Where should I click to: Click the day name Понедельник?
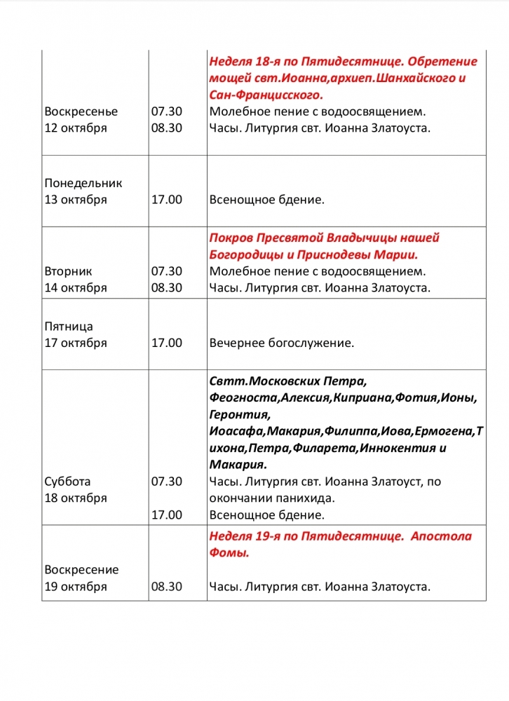tap(83, 183)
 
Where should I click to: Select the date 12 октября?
tap(76, 128)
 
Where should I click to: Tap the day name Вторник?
tap(68, 271)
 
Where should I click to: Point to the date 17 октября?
tap(76, 343)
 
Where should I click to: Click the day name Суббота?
tap(67, 482)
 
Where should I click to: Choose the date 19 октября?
tap(76, 587)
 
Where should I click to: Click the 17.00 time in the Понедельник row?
tap(167, 200)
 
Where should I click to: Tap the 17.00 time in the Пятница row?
tap(167, 343)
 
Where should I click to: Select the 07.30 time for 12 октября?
tap(167, 111)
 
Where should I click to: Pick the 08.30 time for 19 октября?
tap(167, 587)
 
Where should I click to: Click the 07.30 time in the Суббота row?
tap(167, 482)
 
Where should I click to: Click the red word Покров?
tap(232, 238)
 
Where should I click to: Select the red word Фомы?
tap(229, 553)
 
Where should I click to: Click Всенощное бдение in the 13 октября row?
tap(267, 200)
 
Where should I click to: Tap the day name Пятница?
tap(69, 326)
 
